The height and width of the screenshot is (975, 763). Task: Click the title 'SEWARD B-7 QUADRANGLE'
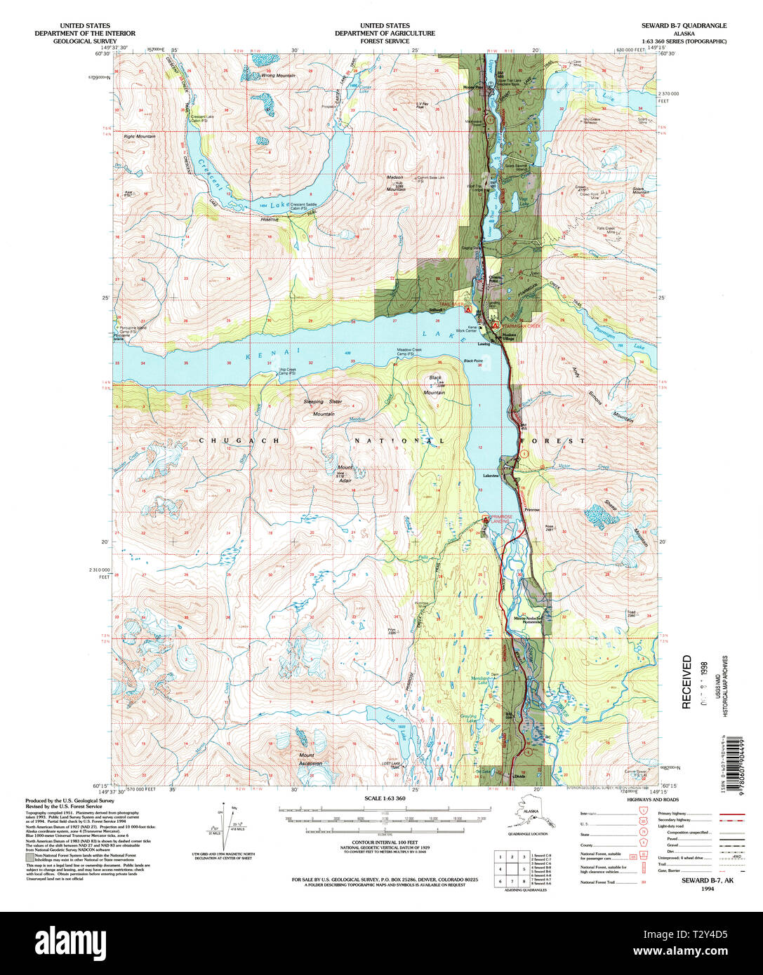[683, 25]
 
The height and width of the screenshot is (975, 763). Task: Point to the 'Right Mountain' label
[139, 136]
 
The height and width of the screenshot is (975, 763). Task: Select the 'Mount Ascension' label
[309, 759]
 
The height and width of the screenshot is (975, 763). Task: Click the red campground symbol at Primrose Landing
[486, 519]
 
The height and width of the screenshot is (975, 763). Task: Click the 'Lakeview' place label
[490, 476]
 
